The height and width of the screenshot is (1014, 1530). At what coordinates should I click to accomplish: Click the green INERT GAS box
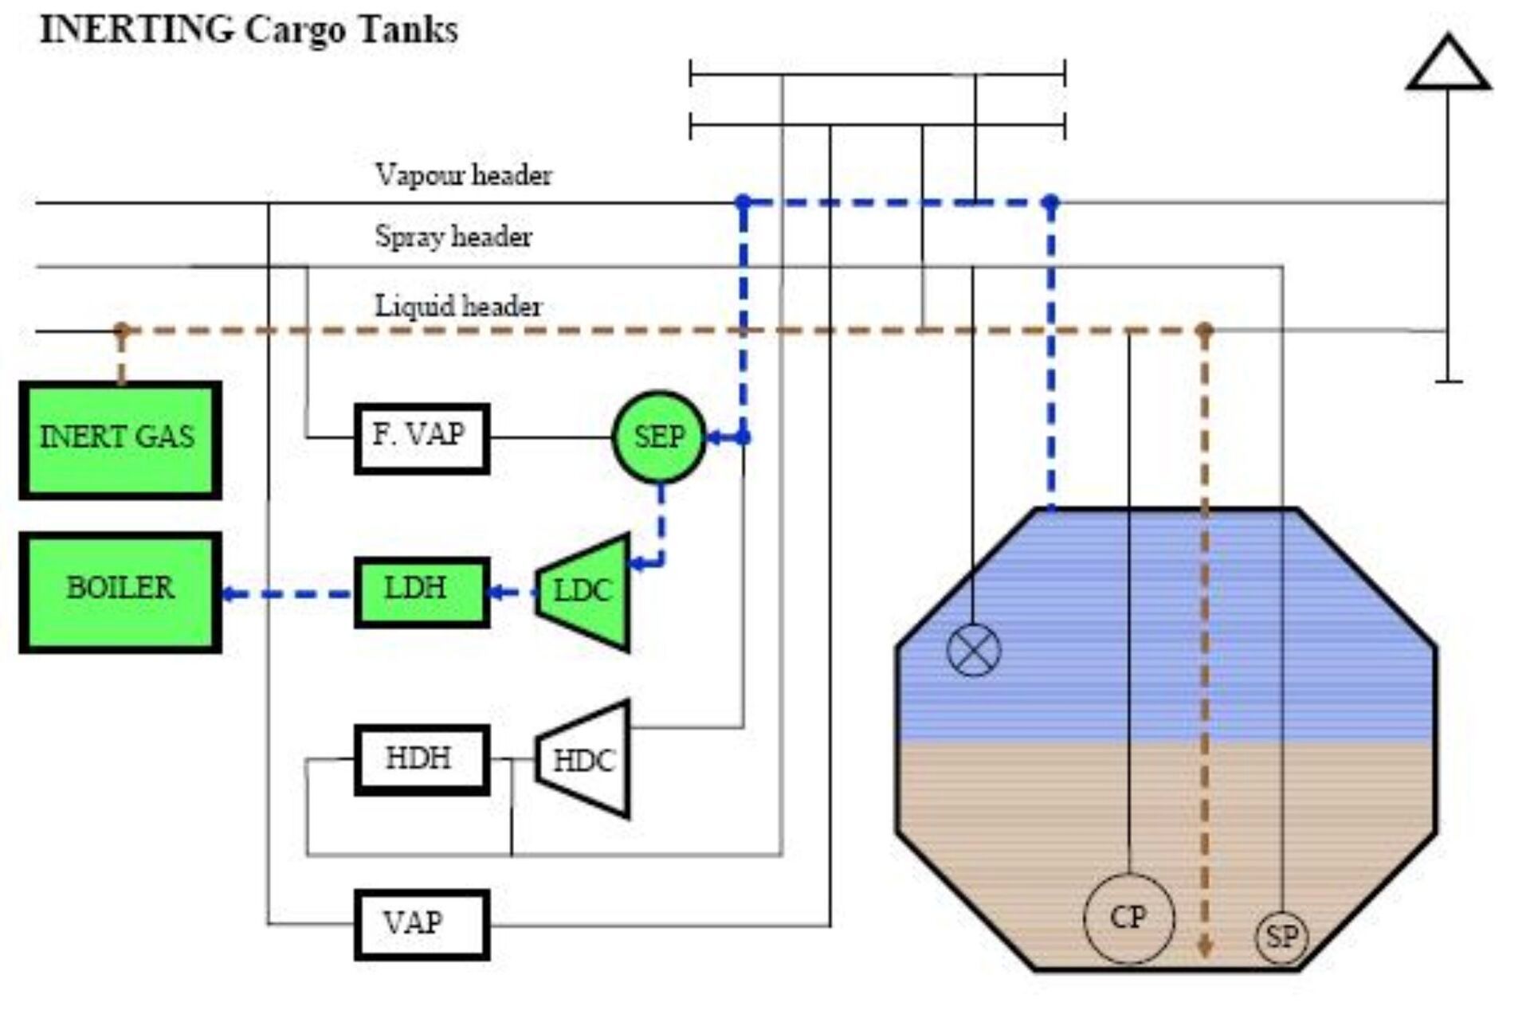(120, 440)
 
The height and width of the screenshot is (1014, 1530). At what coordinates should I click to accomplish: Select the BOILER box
(120, 592)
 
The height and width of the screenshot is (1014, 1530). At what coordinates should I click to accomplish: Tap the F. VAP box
(422, 438)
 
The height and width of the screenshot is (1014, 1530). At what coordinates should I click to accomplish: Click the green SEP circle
(659, 437)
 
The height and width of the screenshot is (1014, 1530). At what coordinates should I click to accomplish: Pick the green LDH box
(422, 592)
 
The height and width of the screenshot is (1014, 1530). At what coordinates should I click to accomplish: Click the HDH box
(422, 759)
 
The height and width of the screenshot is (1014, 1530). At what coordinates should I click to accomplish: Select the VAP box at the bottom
(422, 924)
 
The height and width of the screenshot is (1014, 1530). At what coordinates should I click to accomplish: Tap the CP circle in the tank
(1128, 918)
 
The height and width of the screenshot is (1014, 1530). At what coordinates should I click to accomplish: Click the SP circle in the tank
(1281, 937)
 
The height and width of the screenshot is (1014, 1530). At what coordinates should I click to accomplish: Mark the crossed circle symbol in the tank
(973, 649)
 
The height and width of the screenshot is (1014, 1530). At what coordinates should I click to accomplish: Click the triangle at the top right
(1448, 65)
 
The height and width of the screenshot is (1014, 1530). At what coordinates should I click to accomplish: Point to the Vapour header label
(463, 175)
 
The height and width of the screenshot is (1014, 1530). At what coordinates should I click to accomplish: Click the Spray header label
(453, 237)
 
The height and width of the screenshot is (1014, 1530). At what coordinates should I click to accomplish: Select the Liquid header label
(458, 307)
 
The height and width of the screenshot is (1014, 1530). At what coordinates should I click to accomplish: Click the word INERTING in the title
(136, 30)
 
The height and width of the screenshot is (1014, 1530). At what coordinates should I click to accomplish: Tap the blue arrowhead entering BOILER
(229, 593)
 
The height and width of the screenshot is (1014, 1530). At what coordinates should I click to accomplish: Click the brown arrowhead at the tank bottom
(1205, 948)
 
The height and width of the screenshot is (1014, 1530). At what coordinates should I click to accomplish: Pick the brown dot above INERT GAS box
(121, 329)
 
